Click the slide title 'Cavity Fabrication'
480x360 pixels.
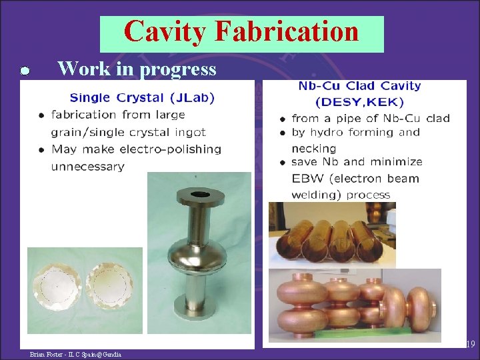click(x=241, y=31)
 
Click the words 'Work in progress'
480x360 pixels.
click(x=137, y=69)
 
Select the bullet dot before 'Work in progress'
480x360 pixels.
click(x=23, y=71)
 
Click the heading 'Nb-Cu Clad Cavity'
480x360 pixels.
click(x=359, y=86)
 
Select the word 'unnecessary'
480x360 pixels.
click(x=87, y=166)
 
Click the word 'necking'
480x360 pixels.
click(x=313, y=148)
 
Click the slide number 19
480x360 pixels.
click(x=469, y=345)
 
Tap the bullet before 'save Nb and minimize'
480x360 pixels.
click(x=283, y=162)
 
